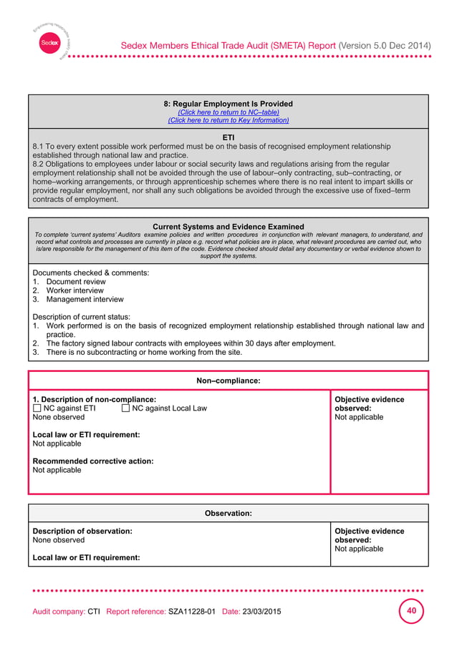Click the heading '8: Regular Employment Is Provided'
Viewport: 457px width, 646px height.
click(228, 104)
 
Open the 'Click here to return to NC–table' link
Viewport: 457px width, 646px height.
click(228, 112)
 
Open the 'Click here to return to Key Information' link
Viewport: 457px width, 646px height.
click(228, 121)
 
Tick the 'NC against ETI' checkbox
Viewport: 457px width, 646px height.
click(37, 408)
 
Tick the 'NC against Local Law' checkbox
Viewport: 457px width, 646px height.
click(125, 408)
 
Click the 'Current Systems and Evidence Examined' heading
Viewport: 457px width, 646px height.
click(228, 227)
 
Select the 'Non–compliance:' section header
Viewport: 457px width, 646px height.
click(228, 381)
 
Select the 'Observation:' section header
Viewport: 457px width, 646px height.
click(228, 514)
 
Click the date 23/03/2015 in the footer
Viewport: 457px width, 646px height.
click(261, 613)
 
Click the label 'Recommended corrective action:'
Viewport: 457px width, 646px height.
click(93, 461)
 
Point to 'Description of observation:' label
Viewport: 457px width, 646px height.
click(82, 532)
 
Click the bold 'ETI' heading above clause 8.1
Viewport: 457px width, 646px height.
click(228, 137)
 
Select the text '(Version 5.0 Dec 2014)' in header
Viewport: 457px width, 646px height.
click(385, 46)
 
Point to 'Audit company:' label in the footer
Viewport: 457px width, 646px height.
click(59, 613)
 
